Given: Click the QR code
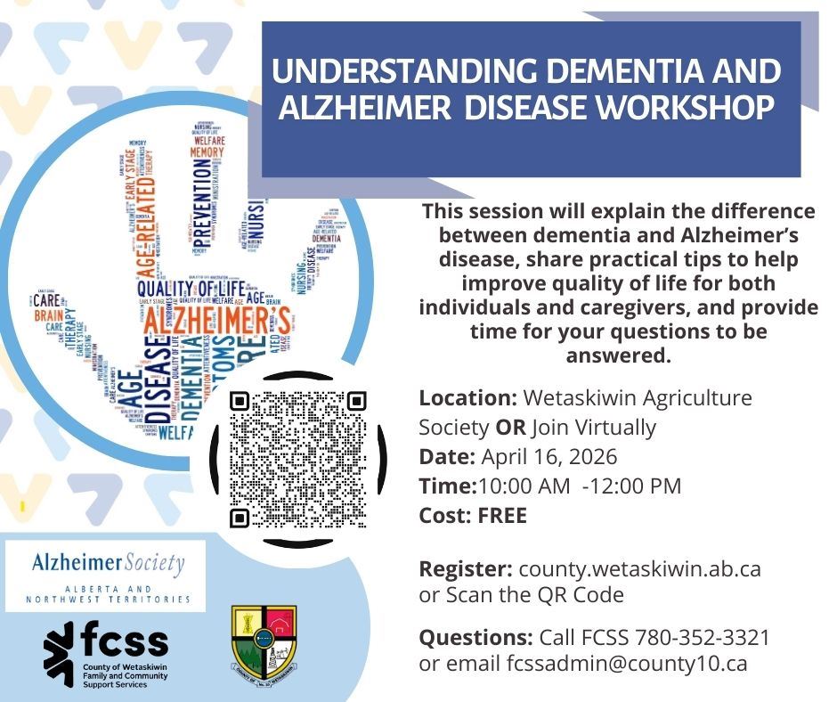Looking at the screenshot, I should (297, 459).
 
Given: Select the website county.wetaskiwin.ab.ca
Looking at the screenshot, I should (639, 568).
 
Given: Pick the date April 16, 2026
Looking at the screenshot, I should (549, 457).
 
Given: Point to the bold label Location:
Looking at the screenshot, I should (467, 397).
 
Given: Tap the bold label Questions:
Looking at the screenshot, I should (474, 638).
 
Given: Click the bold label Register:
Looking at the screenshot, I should (466, 568).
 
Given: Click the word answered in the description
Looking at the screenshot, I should (617, 355).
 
